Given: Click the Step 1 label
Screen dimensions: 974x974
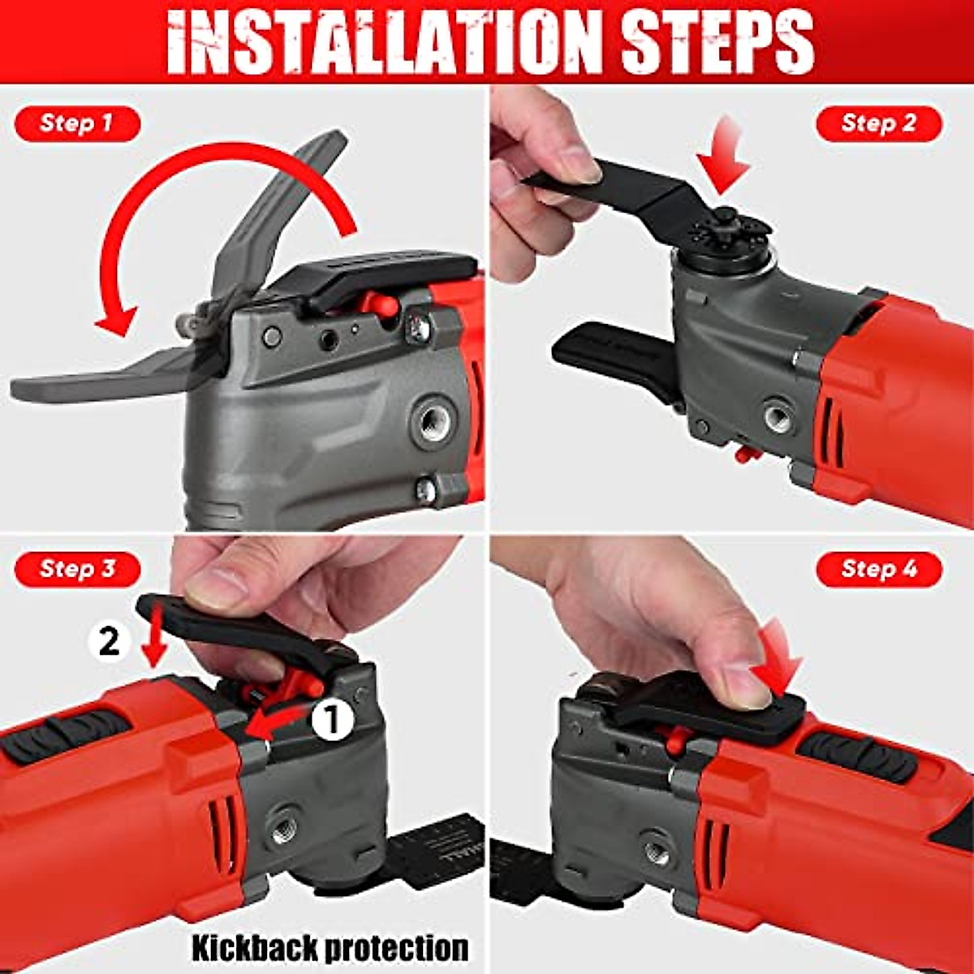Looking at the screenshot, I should click(x=76, y=124).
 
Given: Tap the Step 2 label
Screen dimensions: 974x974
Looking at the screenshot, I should click(x=878, y=123).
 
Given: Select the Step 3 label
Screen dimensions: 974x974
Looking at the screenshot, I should click(x=78, y=568).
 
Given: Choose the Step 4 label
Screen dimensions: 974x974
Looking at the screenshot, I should click(x=878, y=568).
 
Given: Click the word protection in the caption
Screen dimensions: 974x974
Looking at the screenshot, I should click(x=399, y=947).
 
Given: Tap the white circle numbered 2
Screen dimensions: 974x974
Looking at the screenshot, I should click(x=108, y=642).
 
